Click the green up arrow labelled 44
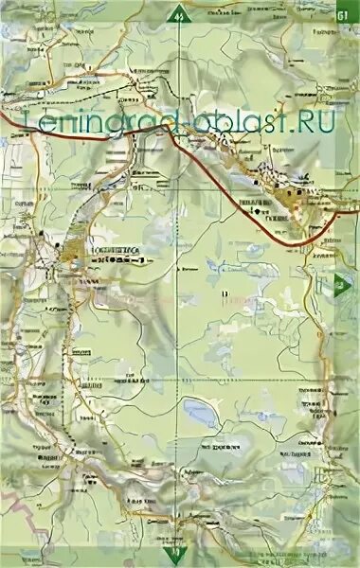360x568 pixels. coord(179,14)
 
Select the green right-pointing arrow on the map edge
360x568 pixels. coord(340,281)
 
